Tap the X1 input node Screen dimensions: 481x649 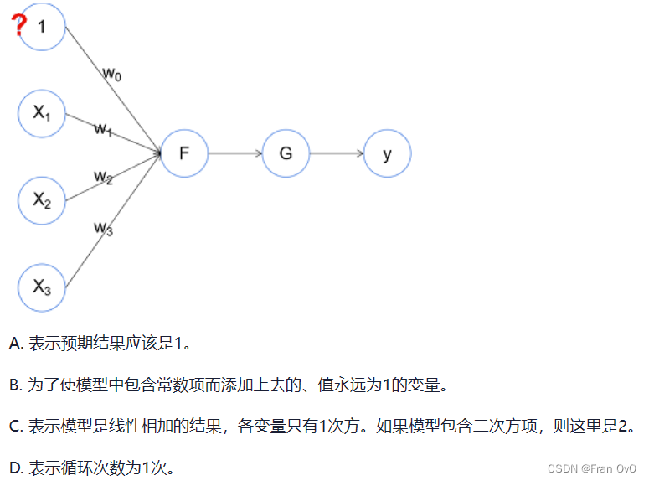point(42,113)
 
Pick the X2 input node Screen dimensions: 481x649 point(42,199)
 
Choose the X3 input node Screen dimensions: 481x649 point(42,287)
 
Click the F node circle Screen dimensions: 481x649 point(183,153)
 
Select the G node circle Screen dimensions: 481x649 point(286,153)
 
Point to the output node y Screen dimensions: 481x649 point(387,153)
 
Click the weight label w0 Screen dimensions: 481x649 point(112,75)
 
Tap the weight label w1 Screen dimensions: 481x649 point(103,129)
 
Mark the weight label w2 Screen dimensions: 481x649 point(103,177)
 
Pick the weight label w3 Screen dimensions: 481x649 point(103,227)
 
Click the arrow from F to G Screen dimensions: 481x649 point(234,153)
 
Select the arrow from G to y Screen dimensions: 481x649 point(336,153)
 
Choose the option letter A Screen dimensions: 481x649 point(15,344)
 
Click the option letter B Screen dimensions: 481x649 point(15,385)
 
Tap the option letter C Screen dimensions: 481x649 point(15,426)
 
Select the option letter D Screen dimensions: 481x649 point(15,467)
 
